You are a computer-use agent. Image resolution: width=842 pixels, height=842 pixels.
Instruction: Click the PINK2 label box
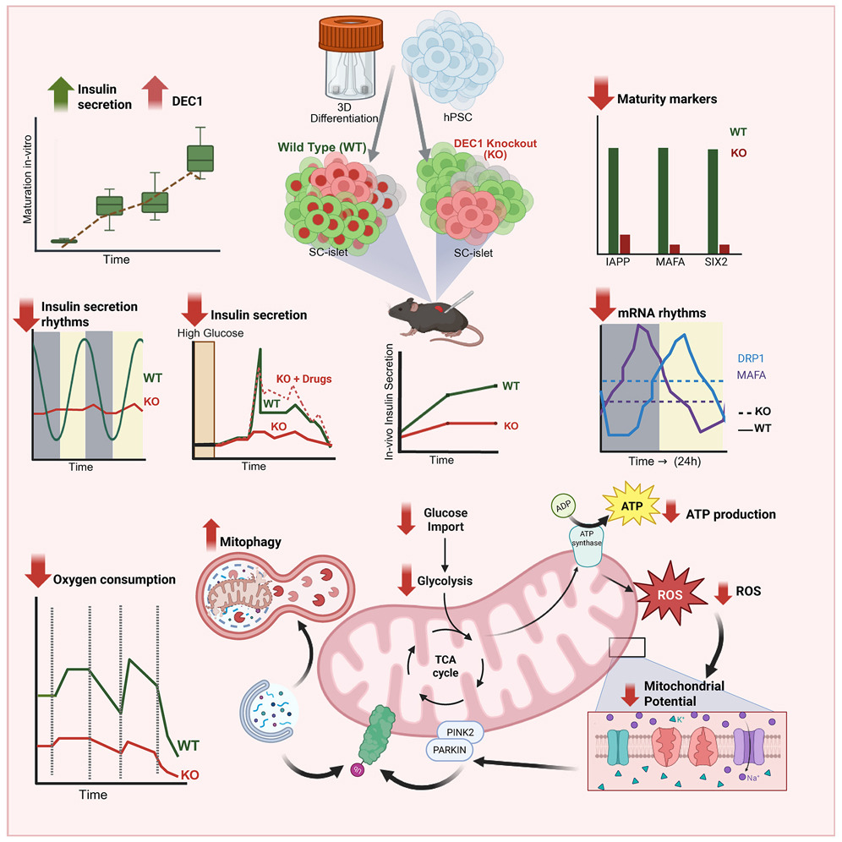pyautogui.click(x=459, y=730)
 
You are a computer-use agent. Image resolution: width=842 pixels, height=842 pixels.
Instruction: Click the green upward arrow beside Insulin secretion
pyautogui.click(x=62, y=94)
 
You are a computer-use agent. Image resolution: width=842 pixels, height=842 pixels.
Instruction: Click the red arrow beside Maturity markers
pyautogui.click(x=602, y=96)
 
